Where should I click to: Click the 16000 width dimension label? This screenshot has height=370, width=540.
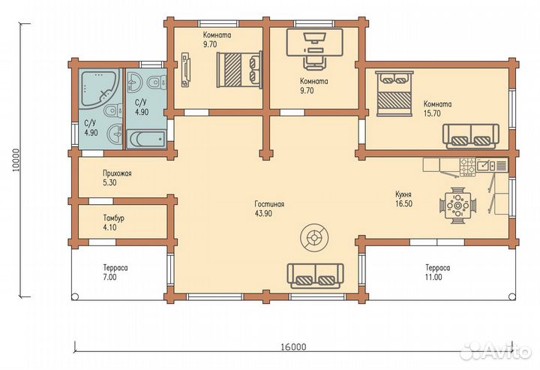[292, 347]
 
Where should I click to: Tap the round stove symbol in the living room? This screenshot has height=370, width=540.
[314, 237]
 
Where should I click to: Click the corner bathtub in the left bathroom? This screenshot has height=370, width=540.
[99, 87]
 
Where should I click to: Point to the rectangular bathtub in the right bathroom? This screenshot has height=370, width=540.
[146, 139]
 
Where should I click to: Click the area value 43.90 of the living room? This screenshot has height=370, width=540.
[263, 214]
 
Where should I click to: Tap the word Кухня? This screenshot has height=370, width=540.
[403, 194]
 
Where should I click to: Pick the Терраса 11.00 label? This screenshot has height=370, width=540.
[437, 272]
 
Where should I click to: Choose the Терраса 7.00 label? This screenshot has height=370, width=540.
[115, 272]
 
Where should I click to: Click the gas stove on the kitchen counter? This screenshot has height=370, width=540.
[468, 167]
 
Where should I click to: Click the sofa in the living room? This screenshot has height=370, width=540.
[316, 275]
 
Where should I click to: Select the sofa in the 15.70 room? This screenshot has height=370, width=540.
[471, 136]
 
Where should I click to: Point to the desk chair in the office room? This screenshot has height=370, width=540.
[314, 63]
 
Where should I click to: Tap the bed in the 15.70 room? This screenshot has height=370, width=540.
[394, 94]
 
